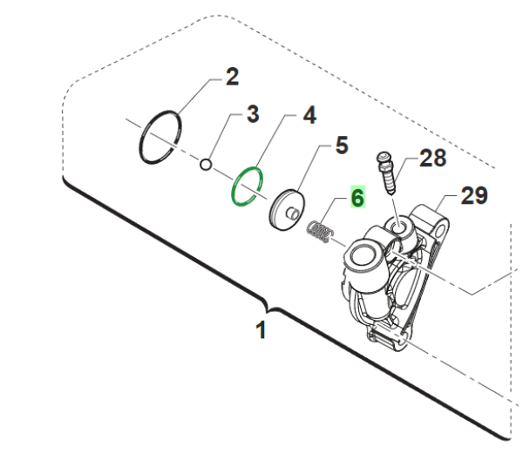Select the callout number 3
[252, 113]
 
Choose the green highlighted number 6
[356, 198]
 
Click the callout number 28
[432, 159]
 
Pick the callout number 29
[473, 197]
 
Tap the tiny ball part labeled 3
[206, 162]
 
